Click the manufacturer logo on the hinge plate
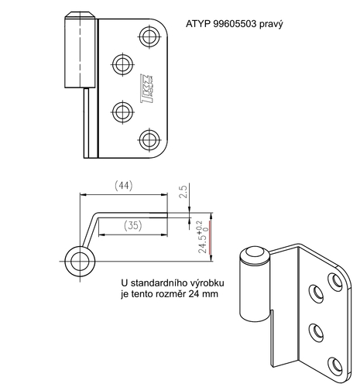coord(148,87)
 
